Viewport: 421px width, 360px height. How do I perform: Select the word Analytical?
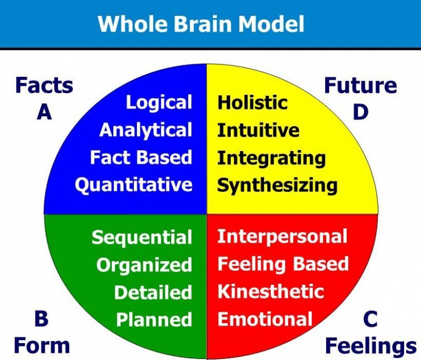coord(146,131)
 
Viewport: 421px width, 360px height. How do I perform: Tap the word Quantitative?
coord(134,186)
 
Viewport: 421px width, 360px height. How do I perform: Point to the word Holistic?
coord(252,103)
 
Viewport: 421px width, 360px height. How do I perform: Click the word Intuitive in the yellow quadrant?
coord(258,130)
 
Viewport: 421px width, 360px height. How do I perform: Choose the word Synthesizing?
coord(277,186)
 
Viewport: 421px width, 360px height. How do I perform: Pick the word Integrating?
coord(271,158)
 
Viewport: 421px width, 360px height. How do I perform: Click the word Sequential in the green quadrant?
coord(142,238)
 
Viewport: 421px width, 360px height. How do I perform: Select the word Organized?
coord(144,265)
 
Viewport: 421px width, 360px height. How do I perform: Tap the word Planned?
coord(154,319)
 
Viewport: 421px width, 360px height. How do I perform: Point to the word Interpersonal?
coord(282,237)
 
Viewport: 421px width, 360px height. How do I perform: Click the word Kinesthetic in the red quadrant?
coord(271,292)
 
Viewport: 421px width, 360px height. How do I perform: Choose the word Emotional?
coord(265,319)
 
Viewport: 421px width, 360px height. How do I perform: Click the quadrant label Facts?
coord(44,85)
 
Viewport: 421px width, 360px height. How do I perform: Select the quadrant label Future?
coord(360,85)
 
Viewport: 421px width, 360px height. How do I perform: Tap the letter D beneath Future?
coord(360,112)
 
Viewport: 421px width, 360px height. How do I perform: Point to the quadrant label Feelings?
coord(371,346)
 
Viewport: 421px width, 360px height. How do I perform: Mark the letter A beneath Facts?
coord(44,112)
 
